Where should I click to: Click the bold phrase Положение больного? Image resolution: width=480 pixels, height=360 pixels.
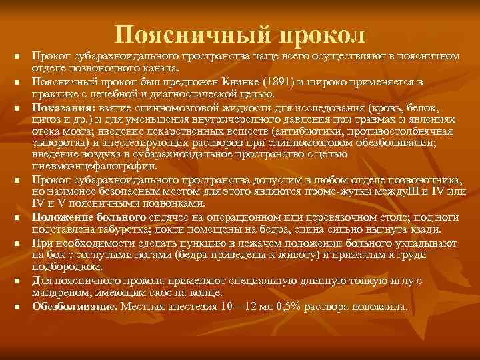[x=89, y=217]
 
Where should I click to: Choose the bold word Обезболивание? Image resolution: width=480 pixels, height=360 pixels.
[x=74, y=306]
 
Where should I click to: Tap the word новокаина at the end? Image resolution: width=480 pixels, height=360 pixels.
[x=382, y=306]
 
